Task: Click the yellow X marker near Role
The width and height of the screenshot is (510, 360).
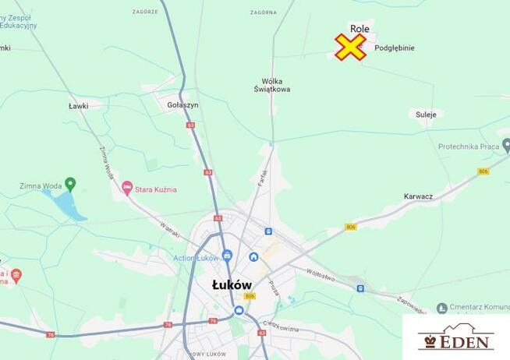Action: click(351, 47)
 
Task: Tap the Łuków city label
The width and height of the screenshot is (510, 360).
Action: click(232, 285)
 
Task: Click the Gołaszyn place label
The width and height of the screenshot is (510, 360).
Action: click(183, 104)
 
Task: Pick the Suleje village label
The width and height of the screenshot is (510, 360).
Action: click(427, 114)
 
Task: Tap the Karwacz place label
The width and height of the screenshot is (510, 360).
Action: click(418, 196)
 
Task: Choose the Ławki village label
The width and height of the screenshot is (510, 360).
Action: click(78, 105)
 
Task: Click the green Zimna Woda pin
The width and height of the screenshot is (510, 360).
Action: click(70, 185)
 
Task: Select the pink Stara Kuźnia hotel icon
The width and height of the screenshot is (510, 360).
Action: click(127, 189)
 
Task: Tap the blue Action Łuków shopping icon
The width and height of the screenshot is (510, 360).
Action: click(227, 255)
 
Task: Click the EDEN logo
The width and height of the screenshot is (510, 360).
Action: click(456, 338)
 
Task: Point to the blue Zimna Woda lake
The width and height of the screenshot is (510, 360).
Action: click(66, 204)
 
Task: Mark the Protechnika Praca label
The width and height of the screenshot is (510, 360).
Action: click(469, 146)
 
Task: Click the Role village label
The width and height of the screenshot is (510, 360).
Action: click(359, 28)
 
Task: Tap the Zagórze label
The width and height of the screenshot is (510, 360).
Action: click(145, 12)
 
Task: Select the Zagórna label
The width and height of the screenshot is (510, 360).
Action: click(264, 12)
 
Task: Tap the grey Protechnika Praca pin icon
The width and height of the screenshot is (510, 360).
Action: click(506, 144)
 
